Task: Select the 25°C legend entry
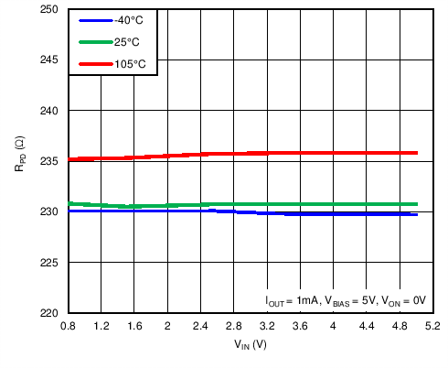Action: click(123, 42)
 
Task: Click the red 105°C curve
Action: click(274, 153)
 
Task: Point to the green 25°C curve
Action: click(274, 204)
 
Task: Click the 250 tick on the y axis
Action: click(49, 9)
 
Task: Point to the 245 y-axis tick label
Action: click(49, 60)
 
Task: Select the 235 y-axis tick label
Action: click(49, 161)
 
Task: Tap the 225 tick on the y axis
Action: click(49, 263)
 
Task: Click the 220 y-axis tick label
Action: click(49, 313)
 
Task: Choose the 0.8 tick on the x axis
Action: click(68, 326)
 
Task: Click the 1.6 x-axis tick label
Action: click(134, 326)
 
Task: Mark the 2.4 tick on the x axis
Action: click(201, 326)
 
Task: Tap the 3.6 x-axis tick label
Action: click(301, 326)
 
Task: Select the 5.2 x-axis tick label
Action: click(433, 326)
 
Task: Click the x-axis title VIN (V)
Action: click(250, 346)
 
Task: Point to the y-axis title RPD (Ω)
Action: click(19, 161)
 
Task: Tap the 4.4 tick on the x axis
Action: click(367, 326)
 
